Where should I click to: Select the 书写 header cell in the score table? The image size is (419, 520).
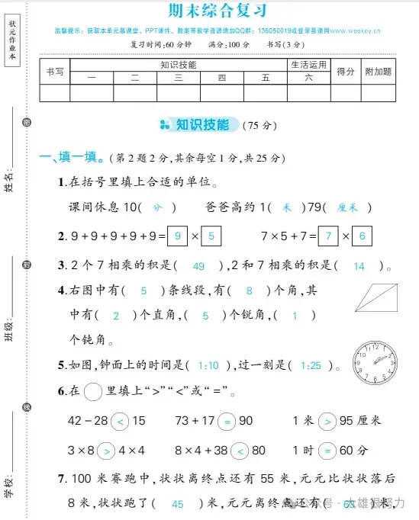pyautogui.click(x=55, y=71)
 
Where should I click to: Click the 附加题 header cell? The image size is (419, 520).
pyautogui.click(x=378, y=71)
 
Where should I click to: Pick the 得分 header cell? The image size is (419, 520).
pyautogui.click(x=346, y=71)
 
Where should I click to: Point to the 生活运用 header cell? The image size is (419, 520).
pyautogui.click(x=308, y=65)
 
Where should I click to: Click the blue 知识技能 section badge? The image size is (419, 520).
pyautogui.click(x=198, y=124)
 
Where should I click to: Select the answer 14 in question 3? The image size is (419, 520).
pyautogui.click(x=359, y=265)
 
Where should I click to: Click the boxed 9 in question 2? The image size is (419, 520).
pyautogui.click(x=177, y=236)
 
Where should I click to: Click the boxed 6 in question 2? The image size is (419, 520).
pyautogui.click(x=362, y=236)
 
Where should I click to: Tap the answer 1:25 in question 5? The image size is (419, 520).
pyautogui.click(x=310, y=366)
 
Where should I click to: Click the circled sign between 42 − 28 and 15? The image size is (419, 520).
pyautogui.click(x=120, y=420)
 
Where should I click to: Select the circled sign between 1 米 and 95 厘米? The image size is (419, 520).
pyautogui.click(x=326, y=420)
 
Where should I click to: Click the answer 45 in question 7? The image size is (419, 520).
pyautogui.click(x=178, y=503)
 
